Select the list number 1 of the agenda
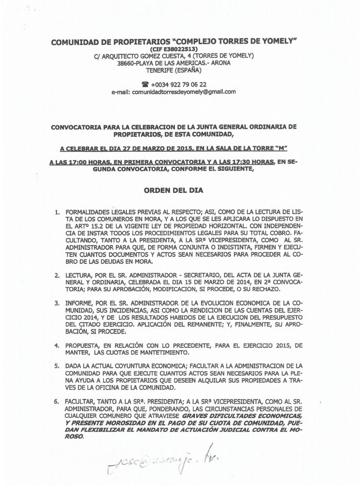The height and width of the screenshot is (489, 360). pyautogui.click(x=58, y=211)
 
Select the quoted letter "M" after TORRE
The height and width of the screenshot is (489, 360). pyautogui.click(x=278, y=149)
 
